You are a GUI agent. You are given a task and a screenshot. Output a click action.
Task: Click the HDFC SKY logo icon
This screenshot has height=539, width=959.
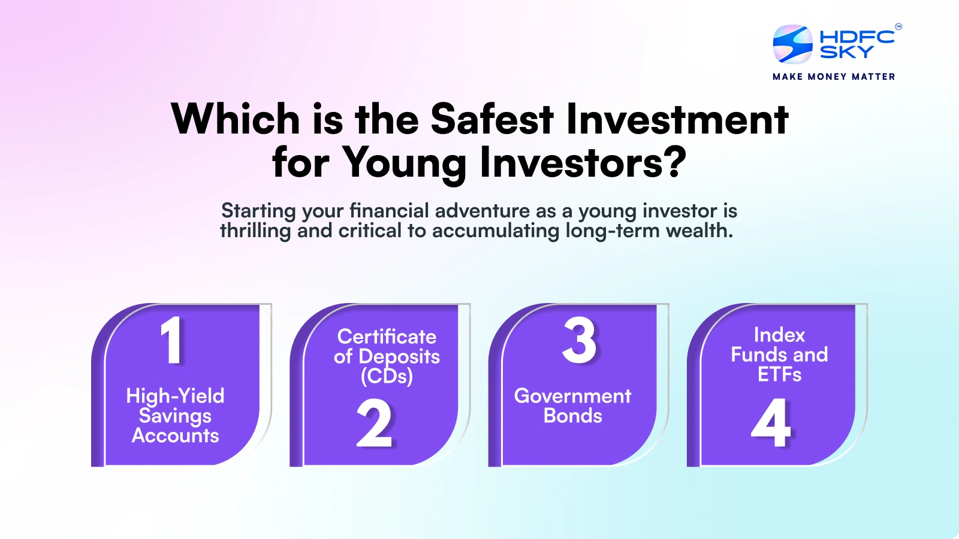coord(792,44)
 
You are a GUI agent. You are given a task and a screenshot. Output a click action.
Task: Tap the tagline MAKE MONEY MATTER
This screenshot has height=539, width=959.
coord(834,77)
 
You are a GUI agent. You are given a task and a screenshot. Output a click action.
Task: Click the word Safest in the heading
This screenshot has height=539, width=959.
coord(492,119)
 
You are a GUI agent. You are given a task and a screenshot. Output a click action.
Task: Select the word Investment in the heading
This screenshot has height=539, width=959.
coord(677,119)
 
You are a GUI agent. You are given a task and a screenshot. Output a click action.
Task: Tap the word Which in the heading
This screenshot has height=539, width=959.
coord(236,119)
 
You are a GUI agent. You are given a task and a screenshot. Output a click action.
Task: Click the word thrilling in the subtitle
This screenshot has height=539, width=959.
coord(255,231)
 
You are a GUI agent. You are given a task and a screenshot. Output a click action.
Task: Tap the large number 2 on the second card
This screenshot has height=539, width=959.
coord(374,424)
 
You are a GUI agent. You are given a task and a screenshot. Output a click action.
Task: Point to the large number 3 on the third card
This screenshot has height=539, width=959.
coord(579,340)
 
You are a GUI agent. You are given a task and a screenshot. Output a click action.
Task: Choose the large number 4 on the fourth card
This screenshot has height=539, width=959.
coord(771,423)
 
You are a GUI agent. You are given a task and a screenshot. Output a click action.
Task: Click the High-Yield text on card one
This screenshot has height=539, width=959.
coord(175,396)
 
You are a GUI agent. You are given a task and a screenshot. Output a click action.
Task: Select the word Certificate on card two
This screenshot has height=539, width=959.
coord(387,337)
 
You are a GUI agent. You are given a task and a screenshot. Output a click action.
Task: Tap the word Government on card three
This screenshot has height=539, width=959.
coord(572,396)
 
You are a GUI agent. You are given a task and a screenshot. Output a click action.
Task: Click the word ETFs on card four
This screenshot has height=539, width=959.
coord(779,374)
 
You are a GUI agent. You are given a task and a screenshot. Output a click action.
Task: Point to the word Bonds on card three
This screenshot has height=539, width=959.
coord(572,416)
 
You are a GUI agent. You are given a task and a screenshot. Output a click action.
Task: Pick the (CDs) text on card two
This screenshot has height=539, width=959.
coord(387,376)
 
